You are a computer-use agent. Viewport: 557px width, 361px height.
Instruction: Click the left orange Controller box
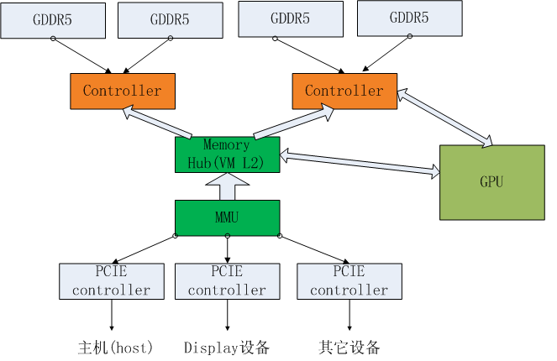122,91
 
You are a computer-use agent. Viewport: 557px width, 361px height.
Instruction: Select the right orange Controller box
344,91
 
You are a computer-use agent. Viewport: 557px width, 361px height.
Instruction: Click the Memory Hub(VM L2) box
227,154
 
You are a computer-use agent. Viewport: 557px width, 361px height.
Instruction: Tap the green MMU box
227,217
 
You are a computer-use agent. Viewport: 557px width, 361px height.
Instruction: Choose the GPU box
491,182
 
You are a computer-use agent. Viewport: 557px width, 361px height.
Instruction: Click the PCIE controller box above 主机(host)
111,281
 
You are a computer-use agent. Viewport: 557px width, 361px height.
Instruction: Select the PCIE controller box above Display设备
227,281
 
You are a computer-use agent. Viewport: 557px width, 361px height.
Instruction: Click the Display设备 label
227,348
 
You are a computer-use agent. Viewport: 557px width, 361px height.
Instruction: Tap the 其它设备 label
350,348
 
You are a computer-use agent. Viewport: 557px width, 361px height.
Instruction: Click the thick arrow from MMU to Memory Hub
227,186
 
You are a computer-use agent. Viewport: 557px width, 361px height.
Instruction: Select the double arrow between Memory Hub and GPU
360,164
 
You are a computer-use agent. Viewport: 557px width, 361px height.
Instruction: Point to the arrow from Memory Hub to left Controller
158,121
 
